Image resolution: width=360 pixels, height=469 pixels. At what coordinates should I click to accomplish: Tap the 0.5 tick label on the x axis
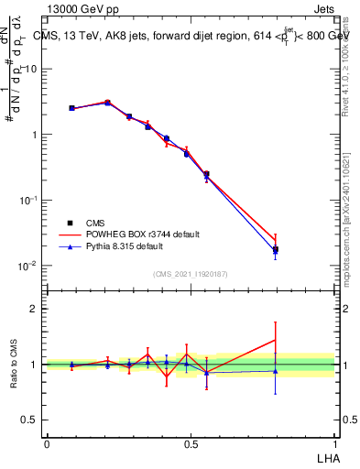click(191, 442)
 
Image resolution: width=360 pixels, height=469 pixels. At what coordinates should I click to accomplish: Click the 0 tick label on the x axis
click(47, 442)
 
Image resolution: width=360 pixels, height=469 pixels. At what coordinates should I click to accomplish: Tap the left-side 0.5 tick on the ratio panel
click(32, 420)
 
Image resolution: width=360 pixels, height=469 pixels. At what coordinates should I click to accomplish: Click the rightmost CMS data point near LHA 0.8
click(275, 249)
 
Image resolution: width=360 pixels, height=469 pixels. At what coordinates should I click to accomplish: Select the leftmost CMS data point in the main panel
click(71, 108)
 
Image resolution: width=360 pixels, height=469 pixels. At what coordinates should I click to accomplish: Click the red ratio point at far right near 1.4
click(275, 340)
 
